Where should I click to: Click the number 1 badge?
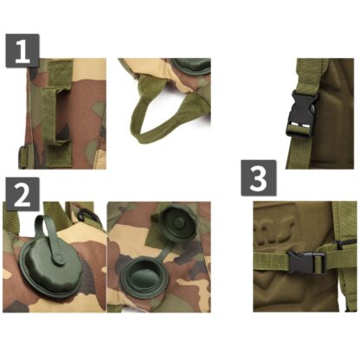(x=22, y=51)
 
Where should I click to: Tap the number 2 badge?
(x=22, y=194)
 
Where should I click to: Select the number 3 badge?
(x=259, y=178)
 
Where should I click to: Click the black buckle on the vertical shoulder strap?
(x=302, y=113)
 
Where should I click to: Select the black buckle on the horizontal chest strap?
(x=306, y=262)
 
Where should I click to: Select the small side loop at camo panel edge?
(x=22, y=157)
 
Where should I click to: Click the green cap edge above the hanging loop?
(x=190, y=67)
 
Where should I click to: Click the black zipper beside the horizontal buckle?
(x=345, y=244)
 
